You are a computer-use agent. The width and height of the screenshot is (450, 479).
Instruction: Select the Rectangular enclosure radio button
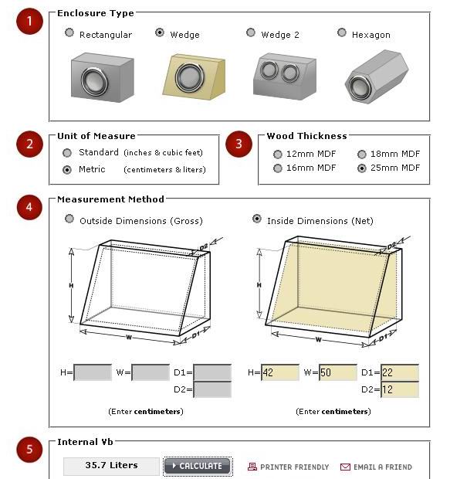pyautogui.click(x=69, y=32)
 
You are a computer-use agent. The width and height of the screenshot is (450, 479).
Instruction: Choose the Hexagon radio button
pyautogui.click(x=342, y=32)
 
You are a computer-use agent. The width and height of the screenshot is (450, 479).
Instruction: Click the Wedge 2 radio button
pyautogui.click(x=251, y=32)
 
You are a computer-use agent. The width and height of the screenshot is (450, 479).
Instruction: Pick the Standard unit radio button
pyautogui.click(x=67, y=153)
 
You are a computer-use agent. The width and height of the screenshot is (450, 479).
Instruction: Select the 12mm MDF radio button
pyautogui.click(x=278, y=155)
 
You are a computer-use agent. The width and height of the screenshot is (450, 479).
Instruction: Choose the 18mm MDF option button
pyautogui.click(x=362, y=155)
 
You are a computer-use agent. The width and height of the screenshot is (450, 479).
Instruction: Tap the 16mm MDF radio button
pyautogui.click(x=278, y=168)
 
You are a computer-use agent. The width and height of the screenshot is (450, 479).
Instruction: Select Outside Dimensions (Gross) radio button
pyautogui.click(x=69, y=219)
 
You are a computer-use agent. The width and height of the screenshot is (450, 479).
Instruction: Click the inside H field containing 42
pyautogui.click(x=280, y=372)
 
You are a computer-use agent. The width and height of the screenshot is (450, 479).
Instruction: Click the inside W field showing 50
pyautogui.click(x=337, y=372)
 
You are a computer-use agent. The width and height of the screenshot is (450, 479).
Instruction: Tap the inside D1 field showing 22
pyautogui.click(x=400, y=372)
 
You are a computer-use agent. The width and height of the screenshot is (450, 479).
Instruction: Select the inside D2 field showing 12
pyautogui.click(x=400, y=389)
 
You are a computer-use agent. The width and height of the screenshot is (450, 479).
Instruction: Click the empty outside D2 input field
pyautogui.click(x=212, y=389)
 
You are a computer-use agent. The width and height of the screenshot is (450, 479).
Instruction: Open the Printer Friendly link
pyautogui.click(x=288, y=467)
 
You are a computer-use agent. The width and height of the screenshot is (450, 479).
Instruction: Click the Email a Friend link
pyautogui.click(x=376, y=467)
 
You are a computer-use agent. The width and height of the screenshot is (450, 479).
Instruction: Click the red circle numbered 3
pyautogui.click(x=239, y=144)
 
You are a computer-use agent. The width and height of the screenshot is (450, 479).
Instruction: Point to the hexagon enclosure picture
pyautogui.click(x=377, y=76)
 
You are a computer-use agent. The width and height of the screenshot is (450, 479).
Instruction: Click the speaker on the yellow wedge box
pyautogui.click(x=190, y=77)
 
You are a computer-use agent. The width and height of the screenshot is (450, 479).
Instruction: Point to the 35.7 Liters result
pyautogui.click(x=111, y=465)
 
